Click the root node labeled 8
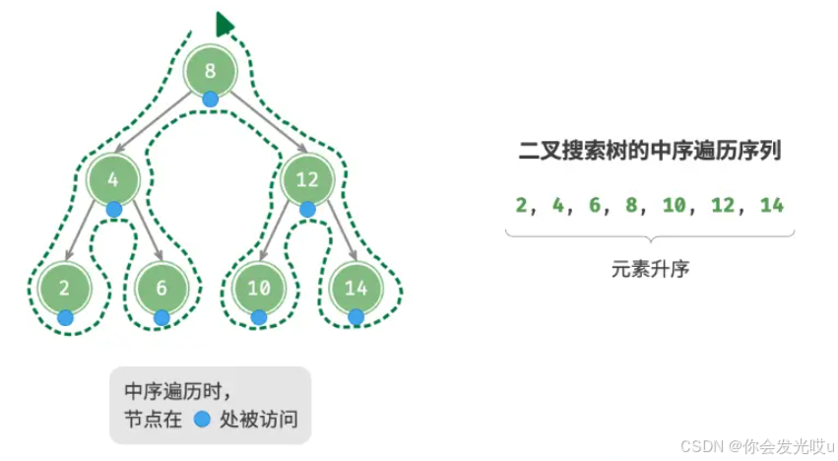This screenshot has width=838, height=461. click(x=210, y=70)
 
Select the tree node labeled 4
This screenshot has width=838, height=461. click(x=112, y=179)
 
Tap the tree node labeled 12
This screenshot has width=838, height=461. click(x=306, y=179)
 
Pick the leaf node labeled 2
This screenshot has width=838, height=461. click(x=63, y=288)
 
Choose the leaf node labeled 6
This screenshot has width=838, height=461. click(x=161, y=288)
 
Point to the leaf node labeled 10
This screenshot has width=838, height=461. click(x=258, y=288)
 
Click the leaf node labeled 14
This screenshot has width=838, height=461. click(x=355, y=288)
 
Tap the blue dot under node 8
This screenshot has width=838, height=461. click(x=210, y=99)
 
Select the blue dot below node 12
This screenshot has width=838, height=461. click(x=307, y=209)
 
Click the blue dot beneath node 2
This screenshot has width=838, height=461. click(x=65, y=317)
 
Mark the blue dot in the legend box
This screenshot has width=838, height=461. click(x=202, y=419)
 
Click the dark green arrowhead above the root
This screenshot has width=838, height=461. click(x=226, y=24)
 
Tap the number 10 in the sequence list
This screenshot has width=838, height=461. click(x=673, y=205)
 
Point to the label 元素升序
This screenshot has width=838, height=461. click(x=650, y=268)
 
